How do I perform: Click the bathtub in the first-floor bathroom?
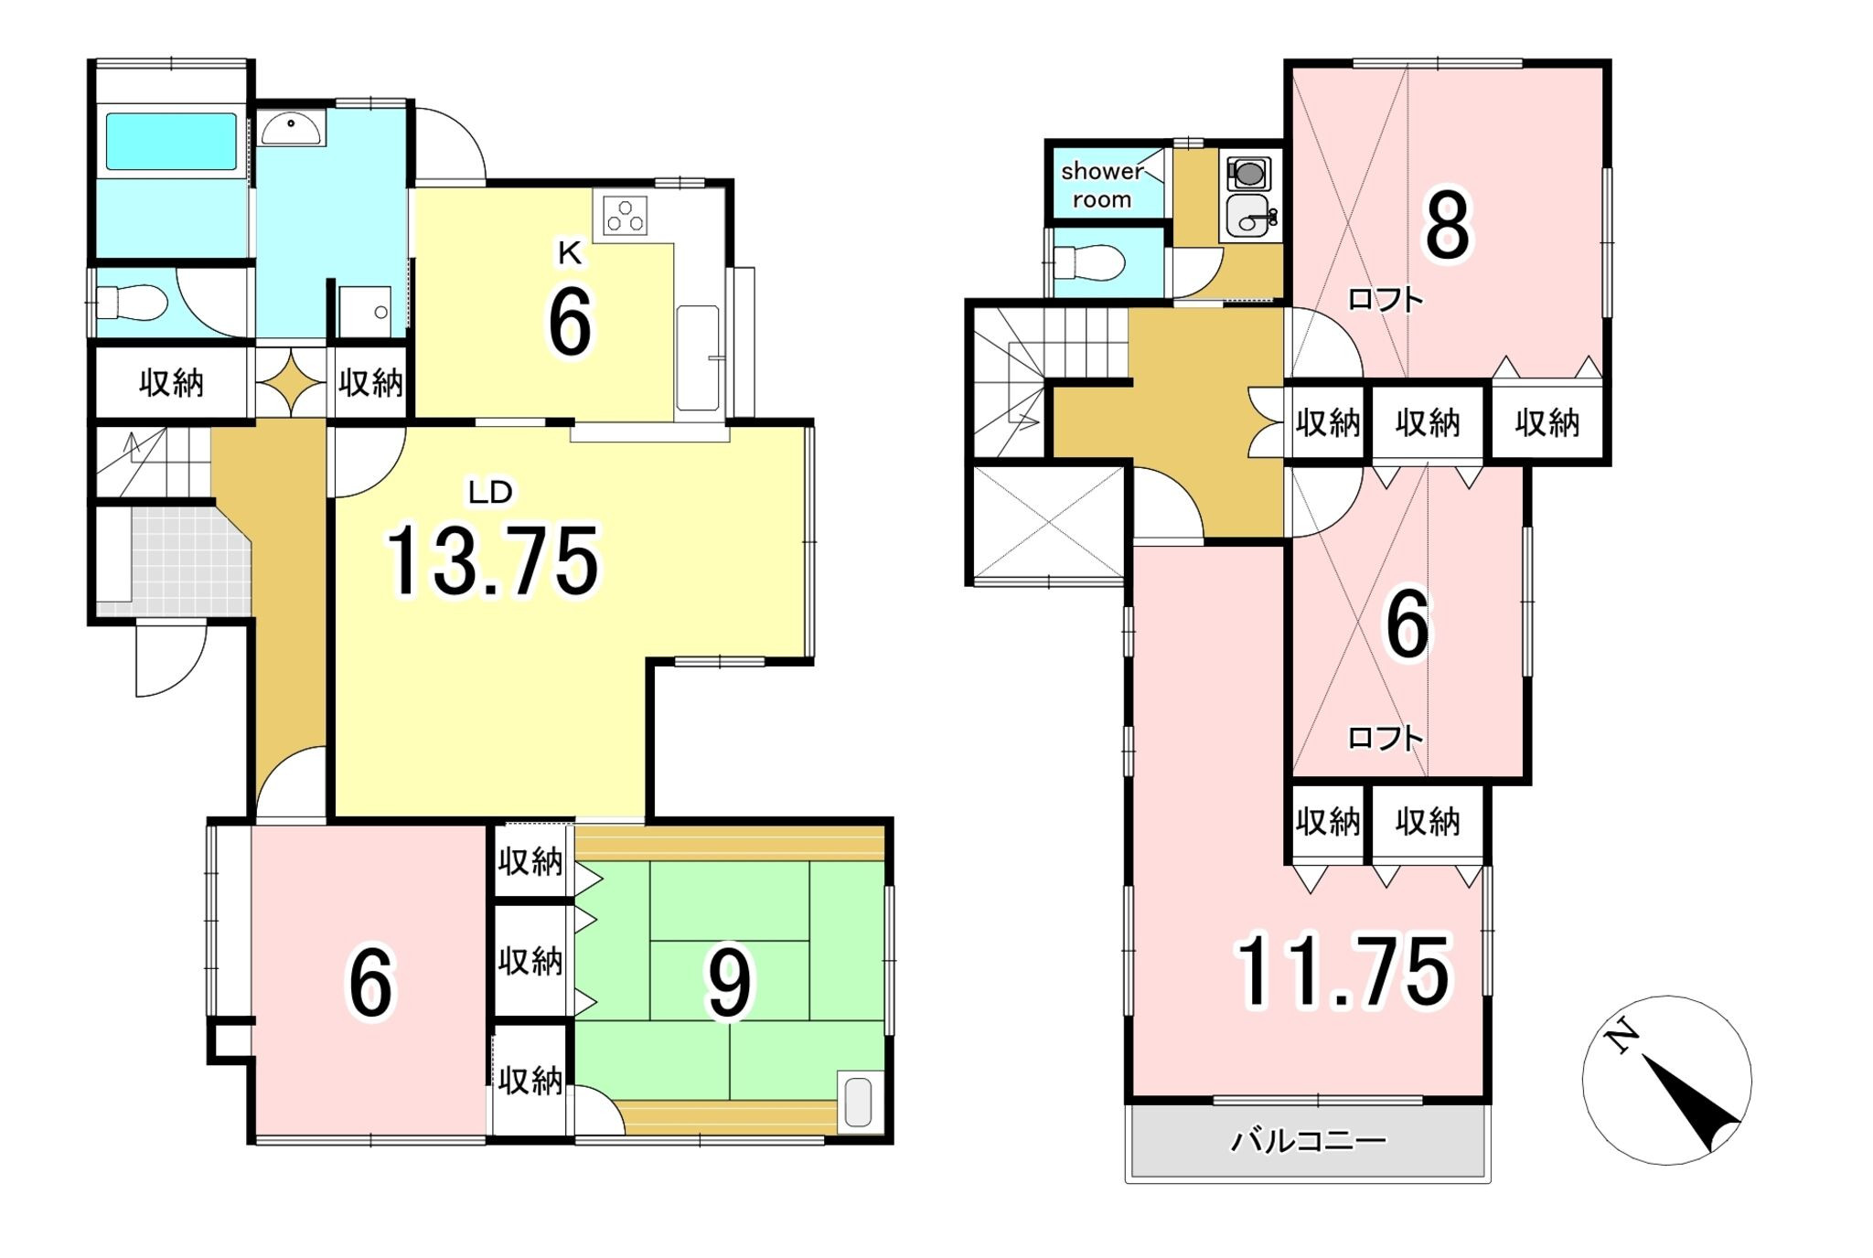[x=171, y=142]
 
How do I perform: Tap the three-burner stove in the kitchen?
[x=626, y=217]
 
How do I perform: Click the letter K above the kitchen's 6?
[x=570, y=253]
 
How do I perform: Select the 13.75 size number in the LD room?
[x=493, y=560]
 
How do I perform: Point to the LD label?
[x=490, y=493]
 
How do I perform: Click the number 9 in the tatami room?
[x=729, y=983]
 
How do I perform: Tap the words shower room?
[x=1102, y=185]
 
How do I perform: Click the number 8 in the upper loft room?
[x=1447, y=225]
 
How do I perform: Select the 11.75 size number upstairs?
[x=1343, y=971]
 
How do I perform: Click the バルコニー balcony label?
[x=1309, y=1140]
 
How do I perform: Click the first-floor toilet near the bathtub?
[x=132, y=303]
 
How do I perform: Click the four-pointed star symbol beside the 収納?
[x=291, y=382]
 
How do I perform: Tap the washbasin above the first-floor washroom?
[x=291, y=128]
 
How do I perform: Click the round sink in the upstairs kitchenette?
[x=1248, y=216]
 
